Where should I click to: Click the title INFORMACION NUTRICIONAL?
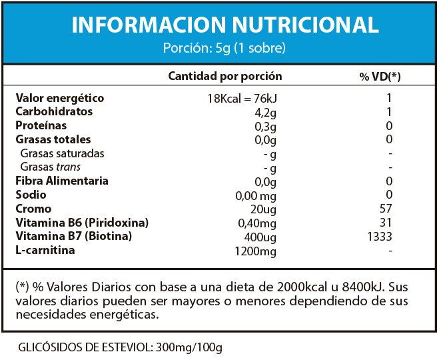point(224,25)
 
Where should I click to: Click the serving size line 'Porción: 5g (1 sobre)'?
point(224,48)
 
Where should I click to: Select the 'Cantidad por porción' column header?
point(224,77)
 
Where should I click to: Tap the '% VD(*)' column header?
point(380,77)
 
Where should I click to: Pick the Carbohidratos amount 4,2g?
point(264,112)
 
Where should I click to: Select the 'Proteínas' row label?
point(41,125)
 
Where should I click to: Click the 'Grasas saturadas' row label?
point(63,153)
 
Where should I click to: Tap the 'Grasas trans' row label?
point(51,167)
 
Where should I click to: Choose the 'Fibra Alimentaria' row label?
point(62,181)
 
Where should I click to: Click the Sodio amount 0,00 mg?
point(256,195)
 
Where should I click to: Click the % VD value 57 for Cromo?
point(389,209)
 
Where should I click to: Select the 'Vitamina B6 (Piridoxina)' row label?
point(82,222)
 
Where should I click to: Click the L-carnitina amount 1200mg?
point(255,251)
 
